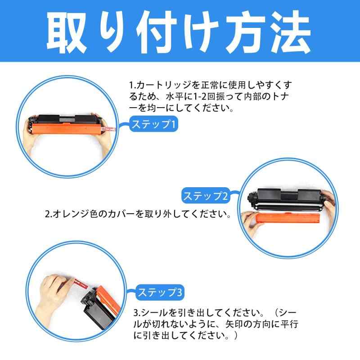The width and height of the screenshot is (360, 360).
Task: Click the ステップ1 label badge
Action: pos(153,124)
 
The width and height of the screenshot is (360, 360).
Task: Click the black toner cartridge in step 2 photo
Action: pos(288,198)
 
